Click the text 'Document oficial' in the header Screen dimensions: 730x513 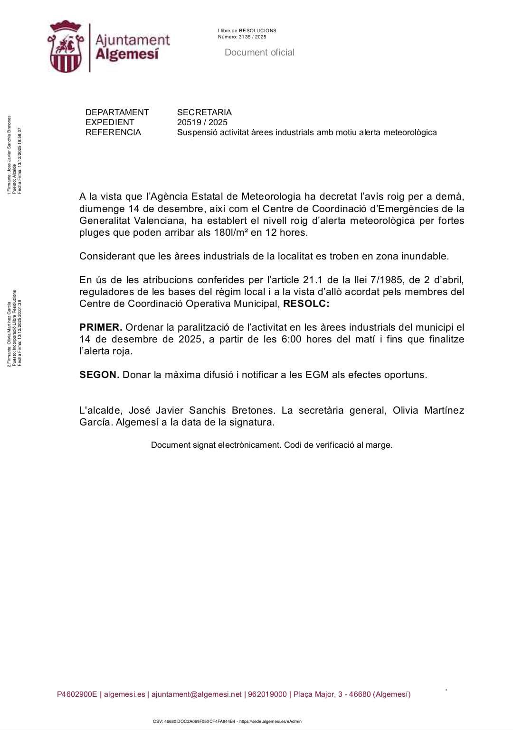tap(259, 53)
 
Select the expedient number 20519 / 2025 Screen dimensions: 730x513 tap(202, 122)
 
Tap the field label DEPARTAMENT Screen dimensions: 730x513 tap(117, 112)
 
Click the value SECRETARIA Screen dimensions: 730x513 tap(204, 112)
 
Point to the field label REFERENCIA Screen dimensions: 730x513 tap(113, 132)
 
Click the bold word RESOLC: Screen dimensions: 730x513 tap(306, 304)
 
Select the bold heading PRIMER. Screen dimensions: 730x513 tap(101, 327)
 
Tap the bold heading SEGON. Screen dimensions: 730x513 tap(99, 375)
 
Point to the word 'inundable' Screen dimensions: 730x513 tap(425, 256)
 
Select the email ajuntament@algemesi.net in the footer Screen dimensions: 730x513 tap(197, 694)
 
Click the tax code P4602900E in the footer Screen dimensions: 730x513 tap(77, 694)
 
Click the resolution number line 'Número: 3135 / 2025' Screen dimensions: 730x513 tap(242, 37)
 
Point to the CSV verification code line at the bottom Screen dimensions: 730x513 tap(227, 721)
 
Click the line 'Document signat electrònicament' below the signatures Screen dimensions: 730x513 tap(272, 445)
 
